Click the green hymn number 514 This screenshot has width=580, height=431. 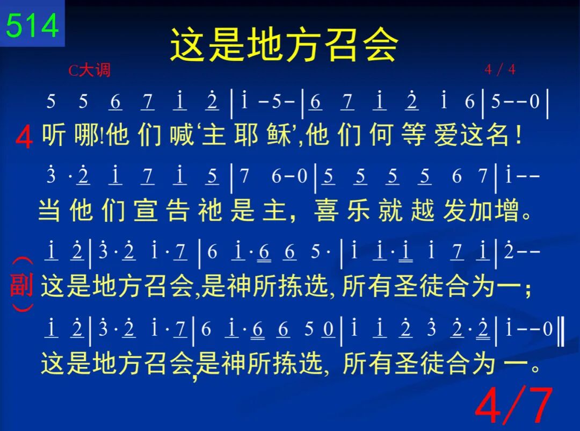32,25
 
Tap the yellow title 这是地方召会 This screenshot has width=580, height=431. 284,45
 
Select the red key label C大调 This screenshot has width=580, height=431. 90,70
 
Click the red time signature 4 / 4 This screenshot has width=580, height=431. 500,69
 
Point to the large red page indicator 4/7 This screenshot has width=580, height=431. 514,405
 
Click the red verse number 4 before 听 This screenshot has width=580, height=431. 24,137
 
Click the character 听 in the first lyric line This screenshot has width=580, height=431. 54,134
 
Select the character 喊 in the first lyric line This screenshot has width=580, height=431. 182,134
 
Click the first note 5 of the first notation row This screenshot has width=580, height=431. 50,101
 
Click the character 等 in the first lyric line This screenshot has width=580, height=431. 414,135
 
